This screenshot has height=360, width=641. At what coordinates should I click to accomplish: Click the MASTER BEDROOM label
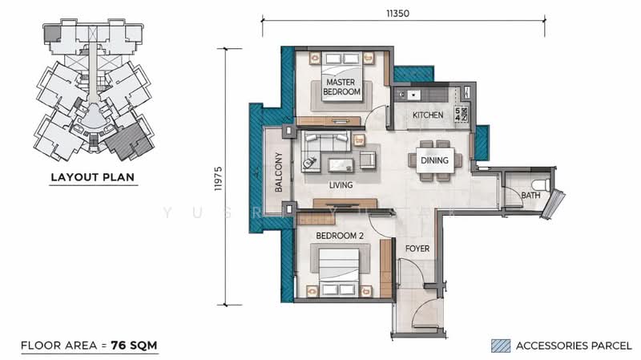(341, 87)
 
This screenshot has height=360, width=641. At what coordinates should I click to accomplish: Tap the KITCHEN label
(428, 115)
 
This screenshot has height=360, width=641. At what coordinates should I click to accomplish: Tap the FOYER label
(417, 249)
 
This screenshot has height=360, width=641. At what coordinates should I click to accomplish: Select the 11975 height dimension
(217, 176)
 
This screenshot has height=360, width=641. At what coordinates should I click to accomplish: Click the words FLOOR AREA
(52, 346)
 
